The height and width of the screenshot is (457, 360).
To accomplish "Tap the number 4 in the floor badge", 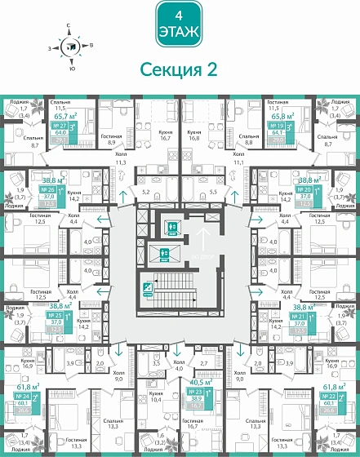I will tap(179, 15).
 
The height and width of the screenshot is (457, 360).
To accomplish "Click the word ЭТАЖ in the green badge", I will tap(179, 32).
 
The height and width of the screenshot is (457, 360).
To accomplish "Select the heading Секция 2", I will tap(179, 70).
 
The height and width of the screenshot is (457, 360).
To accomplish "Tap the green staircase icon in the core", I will tap(147, 286).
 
